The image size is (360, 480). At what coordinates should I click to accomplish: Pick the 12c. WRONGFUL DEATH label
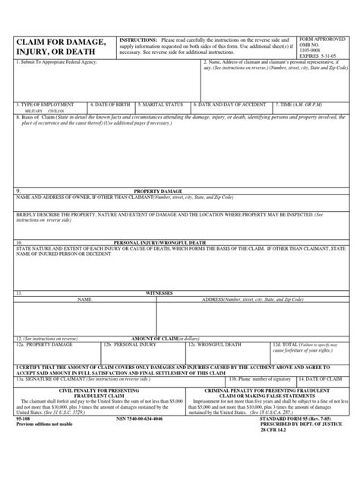[216, 343]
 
